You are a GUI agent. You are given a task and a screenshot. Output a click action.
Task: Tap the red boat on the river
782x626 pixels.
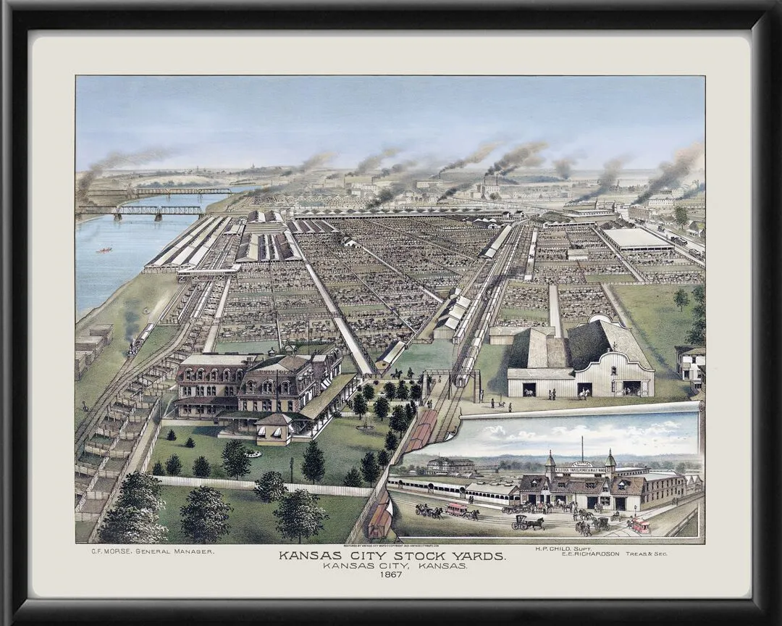click(x=104, y=250)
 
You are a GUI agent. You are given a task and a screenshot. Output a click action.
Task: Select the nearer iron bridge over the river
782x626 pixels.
click(x=141, y=211)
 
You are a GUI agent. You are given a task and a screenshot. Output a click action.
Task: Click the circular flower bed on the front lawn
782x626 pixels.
click(x=253, y=454)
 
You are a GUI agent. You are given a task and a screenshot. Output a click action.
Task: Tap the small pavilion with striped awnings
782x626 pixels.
click(x=274, y=429)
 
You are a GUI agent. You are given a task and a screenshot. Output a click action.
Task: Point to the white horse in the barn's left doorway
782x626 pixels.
click(x=529, y=391)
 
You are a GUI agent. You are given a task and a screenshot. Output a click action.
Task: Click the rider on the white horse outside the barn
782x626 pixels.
click(x=584, y=393)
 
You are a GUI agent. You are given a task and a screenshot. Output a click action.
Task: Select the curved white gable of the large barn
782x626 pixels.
click(x=623, y=362)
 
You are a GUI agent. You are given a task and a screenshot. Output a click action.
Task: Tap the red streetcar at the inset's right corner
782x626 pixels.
click(x=639, y=525)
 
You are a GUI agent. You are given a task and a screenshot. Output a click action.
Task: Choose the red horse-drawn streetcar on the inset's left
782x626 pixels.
click(x=456, y=509)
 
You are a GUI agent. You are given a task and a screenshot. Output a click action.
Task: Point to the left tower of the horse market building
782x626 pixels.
click(x=550, y=462)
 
